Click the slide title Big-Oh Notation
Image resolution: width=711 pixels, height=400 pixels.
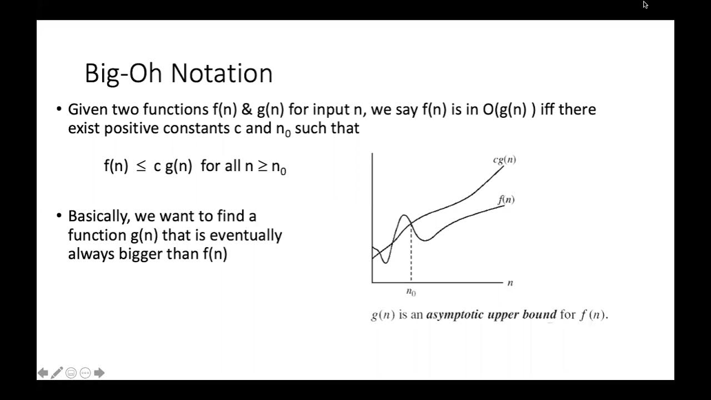[178, 73]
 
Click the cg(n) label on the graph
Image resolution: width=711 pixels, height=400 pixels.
[504, 160]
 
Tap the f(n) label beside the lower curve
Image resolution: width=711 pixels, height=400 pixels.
[506, 199]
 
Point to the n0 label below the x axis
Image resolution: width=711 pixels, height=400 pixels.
[411, 292]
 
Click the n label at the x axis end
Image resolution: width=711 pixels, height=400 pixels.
[510, 283]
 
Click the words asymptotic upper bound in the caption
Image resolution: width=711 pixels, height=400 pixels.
[491, 314]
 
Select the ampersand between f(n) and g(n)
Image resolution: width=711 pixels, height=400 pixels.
[247, 109]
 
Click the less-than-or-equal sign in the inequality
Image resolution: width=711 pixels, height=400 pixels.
[141, 166]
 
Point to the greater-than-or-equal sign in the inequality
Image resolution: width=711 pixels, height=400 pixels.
[262, 166]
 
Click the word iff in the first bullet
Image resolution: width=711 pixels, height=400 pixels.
[547, 109]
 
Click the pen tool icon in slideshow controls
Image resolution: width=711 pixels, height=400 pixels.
[57, 373]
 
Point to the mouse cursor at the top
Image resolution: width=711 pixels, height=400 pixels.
[645, 5]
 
